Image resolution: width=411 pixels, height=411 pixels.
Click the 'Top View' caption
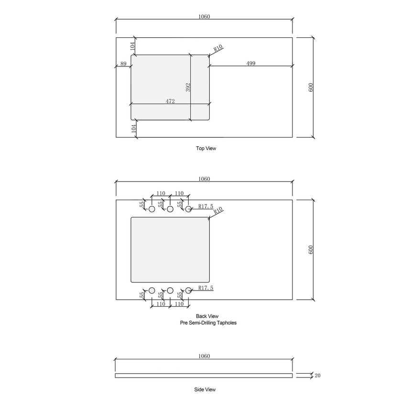tap(206, 149)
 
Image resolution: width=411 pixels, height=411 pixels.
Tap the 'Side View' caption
tap(205, 390)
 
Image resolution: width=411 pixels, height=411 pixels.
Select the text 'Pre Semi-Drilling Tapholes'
tap(205, 323)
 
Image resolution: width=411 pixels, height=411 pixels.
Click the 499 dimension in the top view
tap(250, 64)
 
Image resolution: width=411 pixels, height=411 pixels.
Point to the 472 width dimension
tap(170, 101)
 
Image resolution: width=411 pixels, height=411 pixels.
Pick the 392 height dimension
tap(188, 87)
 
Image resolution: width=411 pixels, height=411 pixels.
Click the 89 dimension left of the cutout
tap(123, 64)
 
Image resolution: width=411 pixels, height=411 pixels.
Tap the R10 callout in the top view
tap(218, 48)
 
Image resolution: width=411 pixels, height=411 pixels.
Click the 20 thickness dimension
tap(318, 376)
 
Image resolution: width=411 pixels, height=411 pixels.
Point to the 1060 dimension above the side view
tap(204, 356)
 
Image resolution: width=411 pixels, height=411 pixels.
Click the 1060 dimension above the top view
tap(204, 17)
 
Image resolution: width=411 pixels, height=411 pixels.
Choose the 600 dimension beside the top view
tap(311, 87)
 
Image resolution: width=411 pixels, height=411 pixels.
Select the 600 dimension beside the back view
tap(311, 249)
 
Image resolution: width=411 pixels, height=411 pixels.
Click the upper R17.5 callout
tap(205, 206)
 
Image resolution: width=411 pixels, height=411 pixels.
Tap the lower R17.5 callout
tap(205, 288)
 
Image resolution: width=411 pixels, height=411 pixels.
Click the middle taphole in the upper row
tap(170, 209)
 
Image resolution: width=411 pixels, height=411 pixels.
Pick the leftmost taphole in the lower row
tap(152, 290)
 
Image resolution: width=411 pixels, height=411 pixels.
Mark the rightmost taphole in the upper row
tap(188, 209)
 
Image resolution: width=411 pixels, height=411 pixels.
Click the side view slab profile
tap(204, 376)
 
